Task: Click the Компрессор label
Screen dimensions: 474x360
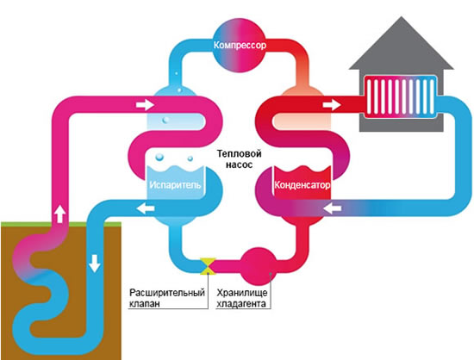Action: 240,46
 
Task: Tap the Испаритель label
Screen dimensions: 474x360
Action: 175,184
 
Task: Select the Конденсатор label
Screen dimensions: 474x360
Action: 302,184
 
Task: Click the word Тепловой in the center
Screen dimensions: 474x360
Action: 239,153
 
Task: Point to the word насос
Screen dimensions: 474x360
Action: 239,164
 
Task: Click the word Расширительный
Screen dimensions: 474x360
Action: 167,293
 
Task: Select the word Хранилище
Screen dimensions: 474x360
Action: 242,293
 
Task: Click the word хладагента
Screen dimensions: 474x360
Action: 241,303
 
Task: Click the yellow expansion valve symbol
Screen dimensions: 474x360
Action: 208,266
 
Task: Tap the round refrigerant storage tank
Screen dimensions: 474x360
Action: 259,266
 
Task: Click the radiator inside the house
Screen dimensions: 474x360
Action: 400,96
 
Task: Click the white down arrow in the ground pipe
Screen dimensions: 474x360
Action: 94,264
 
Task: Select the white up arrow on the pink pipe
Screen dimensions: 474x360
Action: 60,214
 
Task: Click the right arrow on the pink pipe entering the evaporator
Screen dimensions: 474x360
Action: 145,105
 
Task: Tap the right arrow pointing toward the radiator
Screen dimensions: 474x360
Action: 332,105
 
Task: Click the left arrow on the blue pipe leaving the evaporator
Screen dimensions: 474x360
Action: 146,208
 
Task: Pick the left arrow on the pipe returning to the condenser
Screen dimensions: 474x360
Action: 332,208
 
